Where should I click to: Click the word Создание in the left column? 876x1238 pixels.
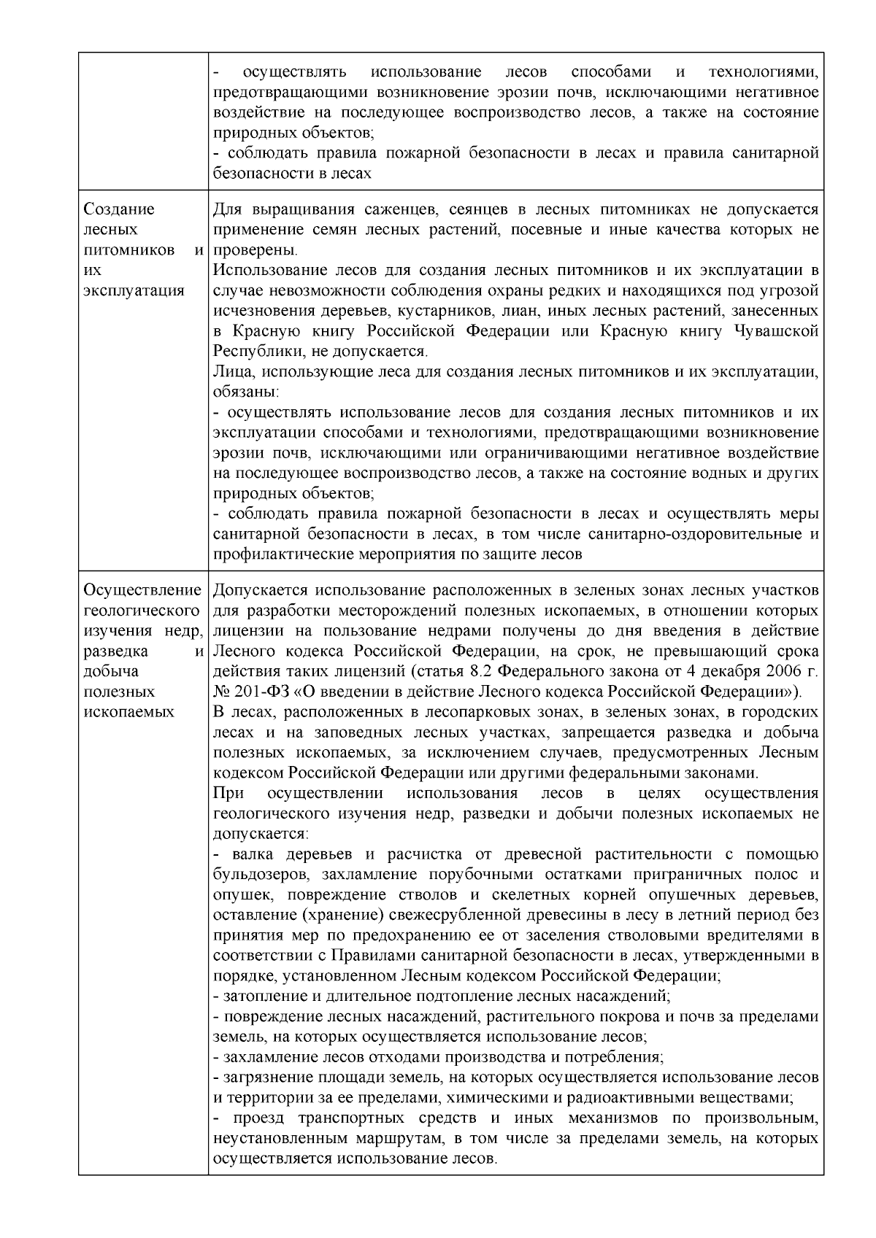click(x=119, y=210)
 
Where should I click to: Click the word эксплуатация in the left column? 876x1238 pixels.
click(x=134, y=290)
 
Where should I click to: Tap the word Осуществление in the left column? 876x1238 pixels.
click(x=142, y=589)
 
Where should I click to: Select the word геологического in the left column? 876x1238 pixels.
click(x=142, y=610)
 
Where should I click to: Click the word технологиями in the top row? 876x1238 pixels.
click(x=763, y=72)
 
